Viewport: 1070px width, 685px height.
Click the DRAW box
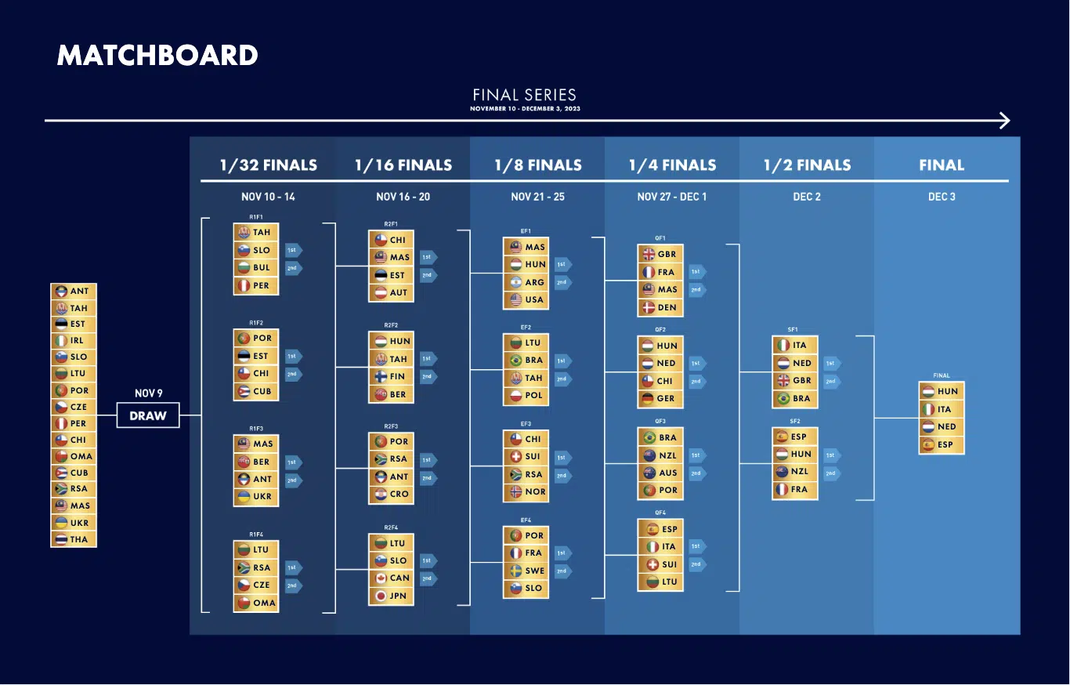[148, 415]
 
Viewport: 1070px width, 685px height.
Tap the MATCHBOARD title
[157, 56]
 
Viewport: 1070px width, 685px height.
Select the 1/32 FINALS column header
[269, 165]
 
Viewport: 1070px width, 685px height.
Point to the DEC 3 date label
[942, 197]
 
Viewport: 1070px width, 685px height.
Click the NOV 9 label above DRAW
[148, 393]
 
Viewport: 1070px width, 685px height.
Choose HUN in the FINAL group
[941, 391]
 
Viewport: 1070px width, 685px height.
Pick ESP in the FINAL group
[941, 444]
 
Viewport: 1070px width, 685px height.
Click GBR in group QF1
[660, 254]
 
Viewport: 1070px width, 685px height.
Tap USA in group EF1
[526, 299]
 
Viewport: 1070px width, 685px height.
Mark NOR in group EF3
[526, 492]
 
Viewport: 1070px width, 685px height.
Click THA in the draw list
[74, 539]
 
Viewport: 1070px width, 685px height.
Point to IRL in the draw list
[74, 340]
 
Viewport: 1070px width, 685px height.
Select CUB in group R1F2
[256, 391]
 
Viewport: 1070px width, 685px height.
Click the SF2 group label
[794, 421]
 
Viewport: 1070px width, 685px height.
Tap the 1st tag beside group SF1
[832, 364]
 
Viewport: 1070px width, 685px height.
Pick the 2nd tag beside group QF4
[697, 564]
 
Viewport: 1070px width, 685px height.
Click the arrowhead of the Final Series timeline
[1005, 121]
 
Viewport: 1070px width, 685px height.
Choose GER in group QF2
[660, 398]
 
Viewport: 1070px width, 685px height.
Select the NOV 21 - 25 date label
[537, 197]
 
